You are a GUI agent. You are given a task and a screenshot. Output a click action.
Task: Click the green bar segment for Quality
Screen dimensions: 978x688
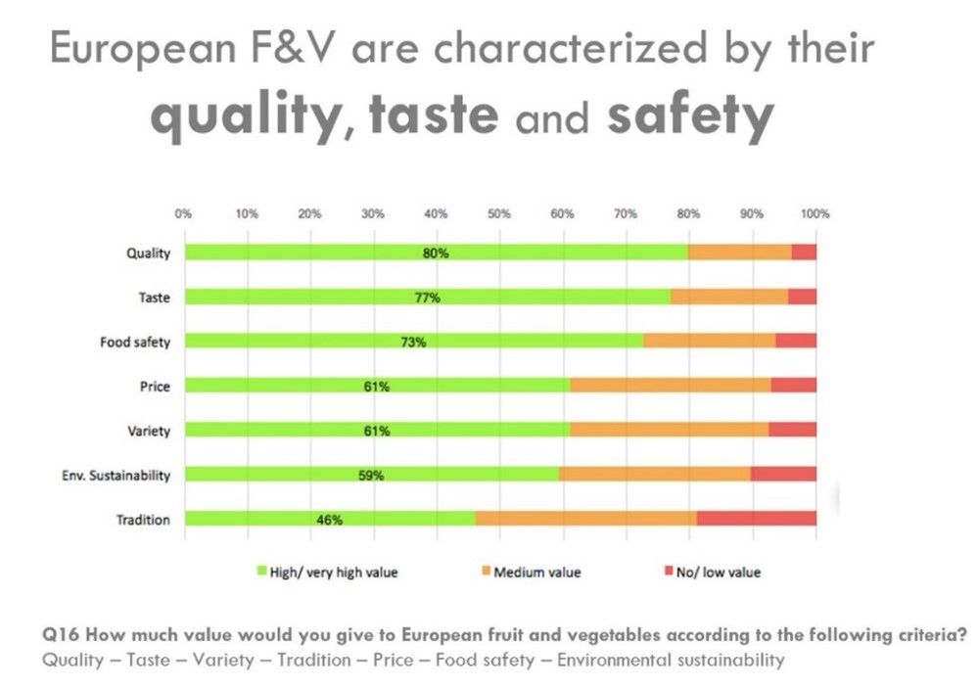(x=437, y=252)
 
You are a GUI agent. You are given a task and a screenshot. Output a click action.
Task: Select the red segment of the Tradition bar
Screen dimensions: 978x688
(x=757, y=519)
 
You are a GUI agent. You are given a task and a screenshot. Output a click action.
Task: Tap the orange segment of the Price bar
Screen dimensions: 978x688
(x=671, y=385)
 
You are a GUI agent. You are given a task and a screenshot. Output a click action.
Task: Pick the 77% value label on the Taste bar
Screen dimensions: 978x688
(x=427, y=298)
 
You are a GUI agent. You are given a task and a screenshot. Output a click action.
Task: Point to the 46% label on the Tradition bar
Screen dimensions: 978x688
(x=329, y=520)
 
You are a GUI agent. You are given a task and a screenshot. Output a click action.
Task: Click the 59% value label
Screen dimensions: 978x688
(x=370, y=476)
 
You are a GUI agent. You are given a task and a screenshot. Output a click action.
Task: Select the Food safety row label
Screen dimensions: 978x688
(x=135, y=342)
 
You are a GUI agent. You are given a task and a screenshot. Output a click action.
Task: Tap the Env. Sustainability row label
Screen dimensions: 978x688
(x=116, y=476)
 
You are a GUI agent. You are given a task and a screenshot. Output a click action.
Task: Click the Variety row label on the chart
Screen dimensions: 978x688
(x=149, y=431)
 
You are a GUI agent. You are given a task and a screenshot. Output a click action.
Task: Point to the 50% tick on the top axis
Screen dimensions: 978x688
(x=499, y=214)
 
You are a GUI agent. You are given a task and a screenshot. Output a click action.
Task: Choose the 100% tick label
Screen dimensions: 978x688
(x=815, y=214)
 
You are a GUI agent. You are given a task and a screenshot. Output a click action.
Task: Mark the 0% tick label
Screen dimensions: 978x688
(x=183, y=214)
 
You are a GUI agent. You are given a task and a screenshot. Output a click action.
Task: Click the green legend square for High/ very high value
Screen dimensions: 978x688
(x=262, y=571)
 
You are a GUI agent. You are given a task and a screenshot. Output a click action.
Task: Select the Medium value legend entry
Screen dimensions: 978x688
(x=532, y=572)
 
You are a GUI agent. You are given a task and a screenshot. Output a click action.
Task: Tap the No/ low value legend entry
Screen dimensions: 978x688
(x=713, y=572)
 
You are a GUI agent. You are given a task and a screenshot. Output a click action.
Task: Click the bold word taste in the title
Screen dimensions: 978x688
(x=434, y=115)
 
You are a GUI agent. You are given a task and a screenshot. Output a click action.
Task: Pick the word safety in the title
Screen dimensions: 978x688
(x=691, y=117)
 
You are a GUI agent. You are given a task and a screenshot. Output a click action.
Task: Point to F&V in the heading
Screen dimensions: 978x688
(x=293, y=48)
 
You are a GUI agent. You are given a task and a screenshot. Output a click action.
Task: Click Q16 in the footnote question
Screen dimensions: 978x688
(x=61, y=635)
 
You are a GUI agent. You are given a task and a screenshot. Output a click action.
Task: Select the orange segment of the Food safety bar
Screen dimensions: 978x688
(x=710, y=341)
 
